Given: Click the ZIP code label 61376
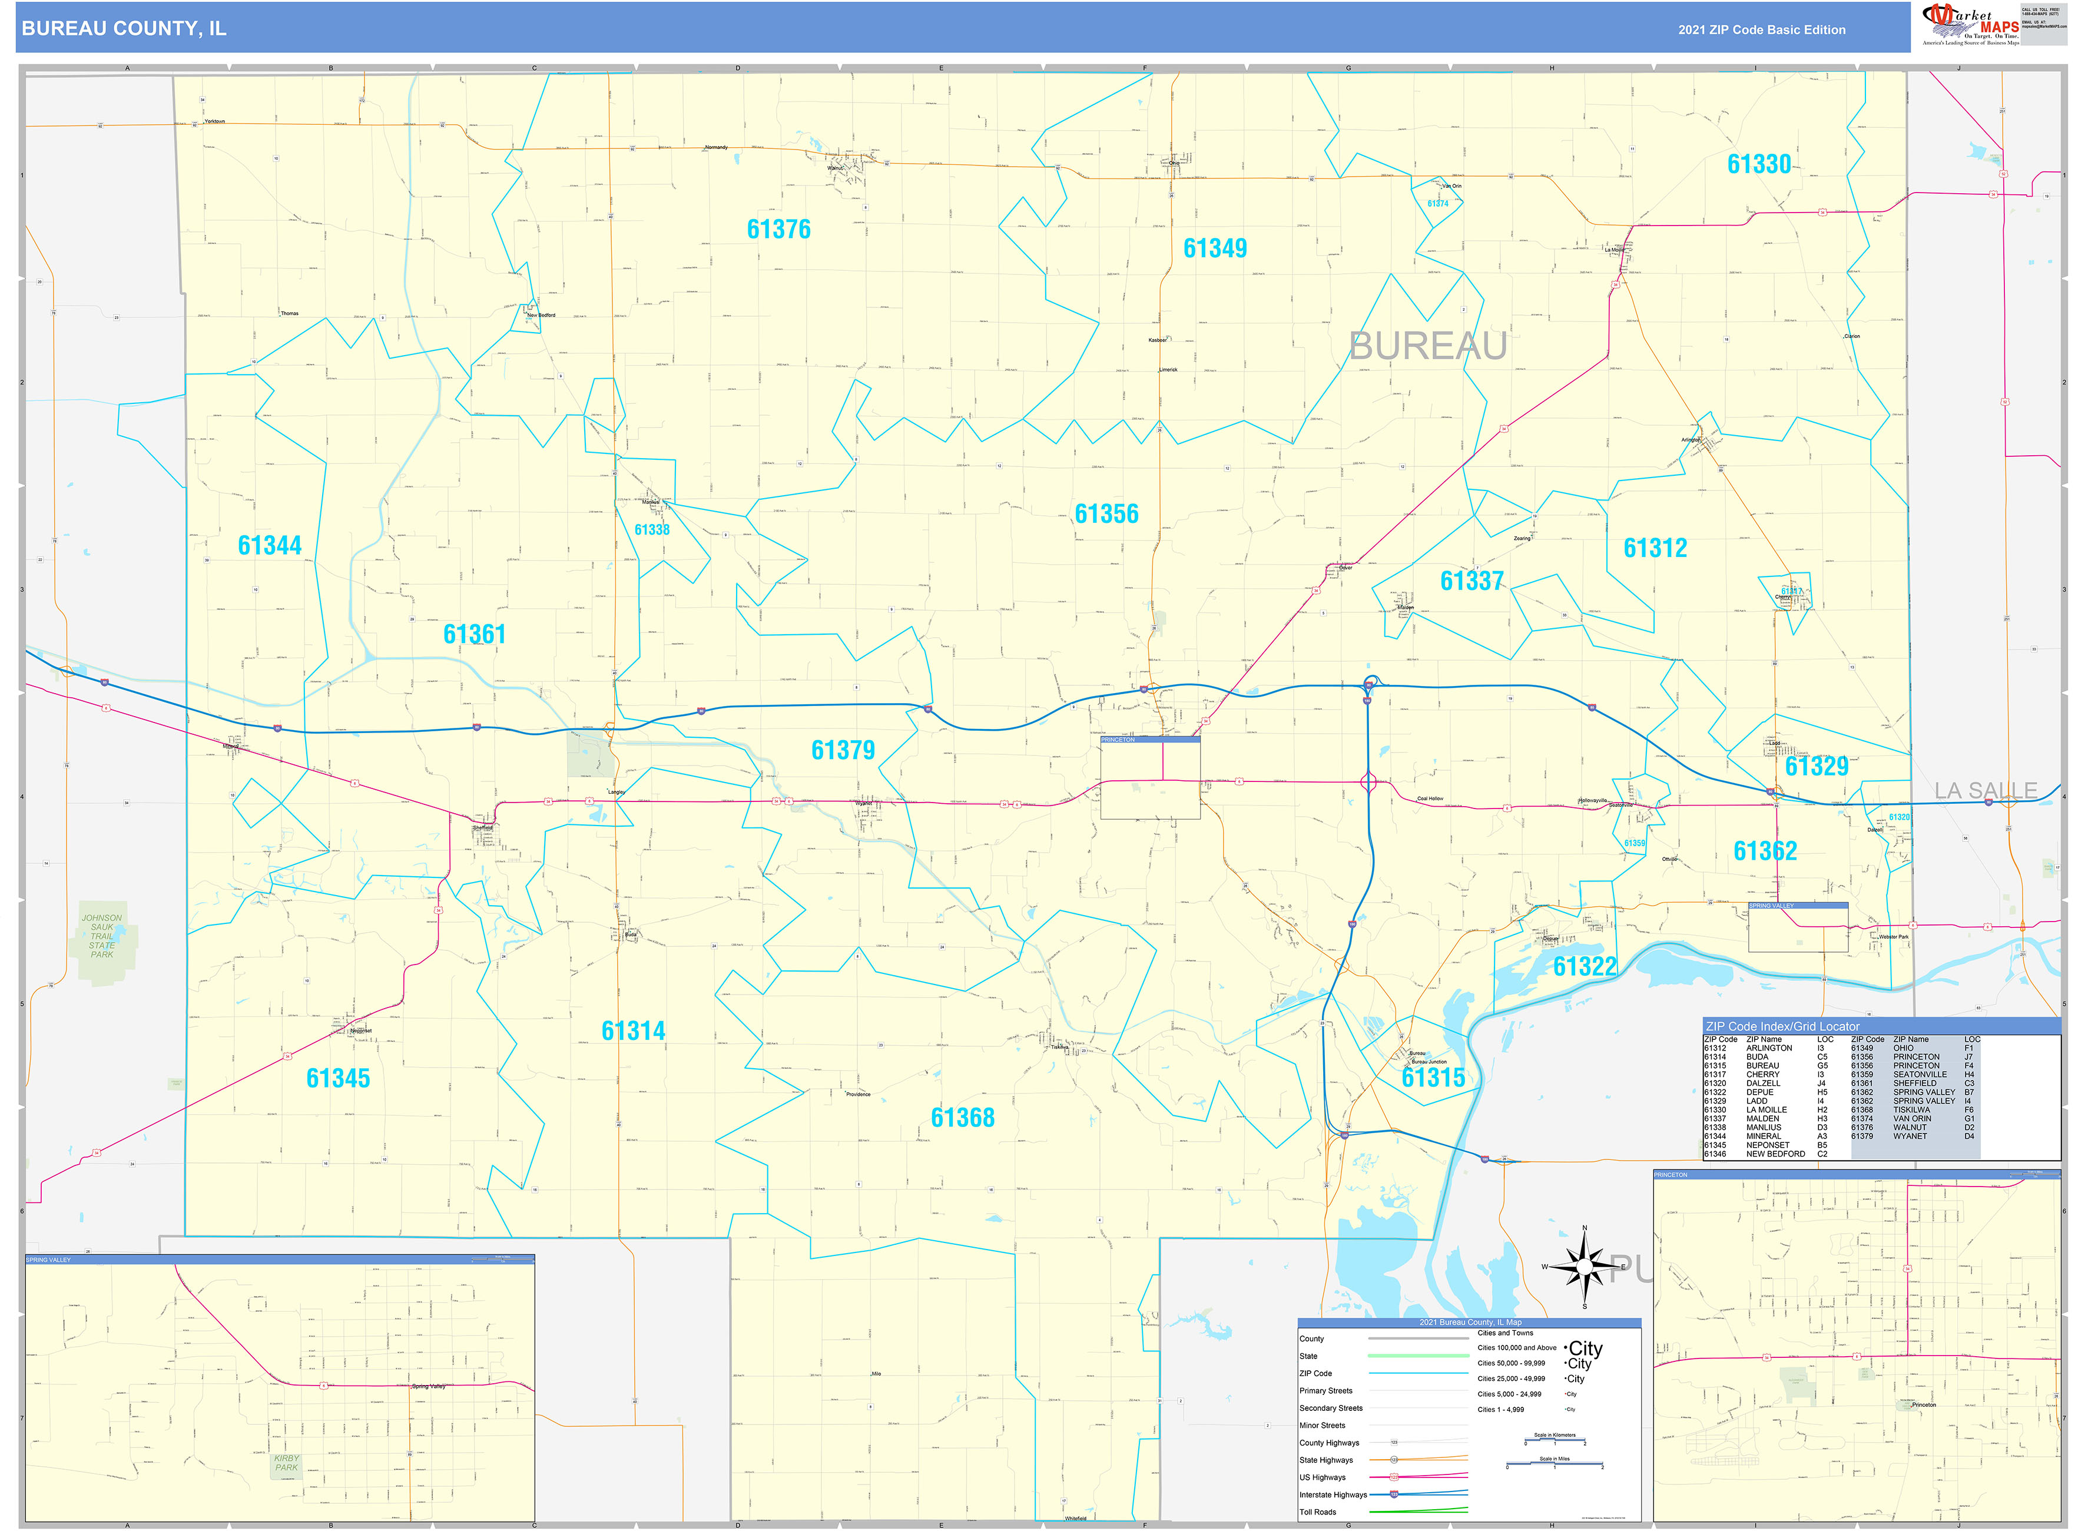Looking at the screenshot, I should (778, 229).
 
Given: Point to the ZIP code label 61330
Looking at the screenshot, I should (1758, 164).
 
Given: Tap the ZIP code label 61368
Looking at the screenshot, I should (962, 1118).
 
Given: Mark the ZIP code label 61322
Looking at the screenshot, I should (1584, 967).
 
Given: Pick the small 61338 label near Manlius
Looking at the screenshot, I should (652, 530).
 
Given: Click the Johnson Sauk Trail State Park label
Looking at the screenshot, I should (102, 936).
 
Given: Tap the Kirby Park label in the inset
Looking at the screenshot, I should (286, 1463).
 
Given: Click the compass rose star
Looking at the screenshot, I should (1584, 1266).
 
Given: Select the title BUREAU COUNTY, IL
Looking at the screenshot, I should (123, 29).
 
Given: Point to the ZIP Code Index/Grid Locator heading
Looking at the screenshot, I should (1781, 1026).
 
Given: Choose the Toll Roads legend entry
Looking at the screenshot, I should (1317, 1512).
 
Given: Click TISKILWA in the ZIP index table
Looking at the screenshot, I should (1911, 1109).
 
